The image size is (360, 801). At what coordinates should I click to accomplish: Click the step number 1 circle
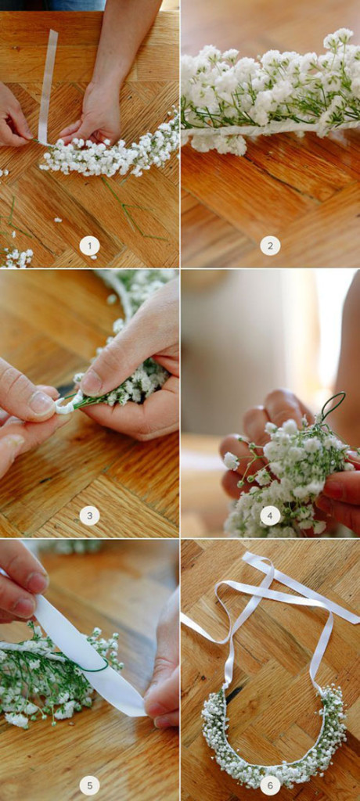click(89, 246)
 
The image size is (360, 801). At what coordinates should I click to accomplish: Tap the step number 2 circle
click(270, 246)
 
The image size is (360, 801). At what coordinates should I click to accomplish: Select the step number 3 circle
click(89, 515)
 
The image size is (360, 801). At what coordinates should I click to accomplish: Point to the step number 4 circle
click(270, 515)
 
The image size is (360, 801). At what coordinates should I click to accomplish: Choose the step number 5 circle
click(89, 785)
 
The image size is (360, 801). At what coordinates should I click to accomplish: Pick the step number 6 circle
click(270, 785)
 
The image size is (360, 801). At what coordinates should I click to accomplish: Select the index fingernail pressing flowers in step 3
click(92, 383)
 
